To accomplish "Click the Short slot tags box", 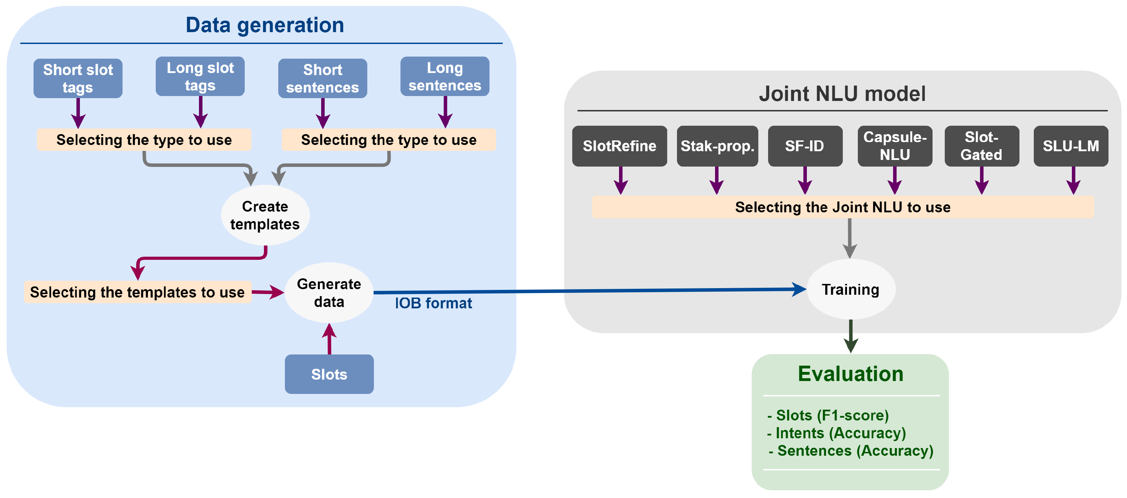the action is [78, 78].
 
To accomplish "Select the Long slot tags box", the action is [200, 76].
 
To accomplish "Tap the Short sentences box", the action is [323, 78].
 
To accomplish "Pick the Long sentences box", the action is [445, 76].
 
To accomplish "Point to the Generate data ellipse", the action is [329, 292].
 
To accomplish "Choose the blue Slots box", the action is [329, 374].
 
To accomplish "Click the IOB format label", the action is [433, 303].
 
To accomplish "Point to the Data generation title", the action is [265, 25].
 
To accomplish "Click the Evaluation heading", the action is [850, 374].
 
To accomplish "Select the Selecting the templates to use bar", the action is [137, 292].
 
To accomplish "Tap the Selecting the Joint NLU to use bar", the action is [842, 207].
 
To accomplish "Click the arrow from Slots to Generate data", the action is [330, 339].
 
